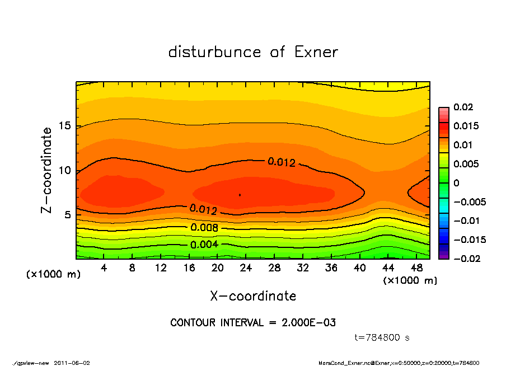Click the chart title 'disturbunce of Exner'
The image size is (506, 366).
click(x=253, y=53)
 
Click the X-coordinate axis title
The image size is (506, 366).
click(x=253, y=295)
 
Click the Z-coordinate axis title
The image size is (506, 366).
click(x=47, y=170)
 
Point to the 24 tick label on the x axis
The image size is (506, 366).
click(x=246, y=268)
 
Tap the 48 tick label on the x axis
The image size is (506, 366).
click(x=417, y=268)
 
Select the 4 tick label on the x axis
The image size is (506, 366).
click(x=104, y=268)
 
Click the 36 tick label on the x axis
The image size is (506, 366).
click(x=331, y=268)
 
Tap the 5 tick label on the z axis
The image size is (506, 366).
click(x=67, y=214)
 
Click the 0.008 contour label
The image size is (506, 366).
click(x=204, y=228)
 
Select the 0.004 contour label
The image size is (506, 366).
click(x=204, y=245)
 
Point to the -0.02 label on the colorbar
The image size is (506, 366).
click(x=466, y=259)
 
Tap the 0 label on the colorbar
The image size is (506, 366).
click(x=456, y=183)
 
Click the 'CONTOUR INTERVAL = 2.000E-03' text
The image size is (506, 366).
click(x=253, y=323)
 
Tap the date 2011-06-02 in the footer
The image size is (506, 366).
click(x=72, y=363)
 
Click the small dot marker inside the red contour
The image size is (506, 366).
click(x=240, y=195)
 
